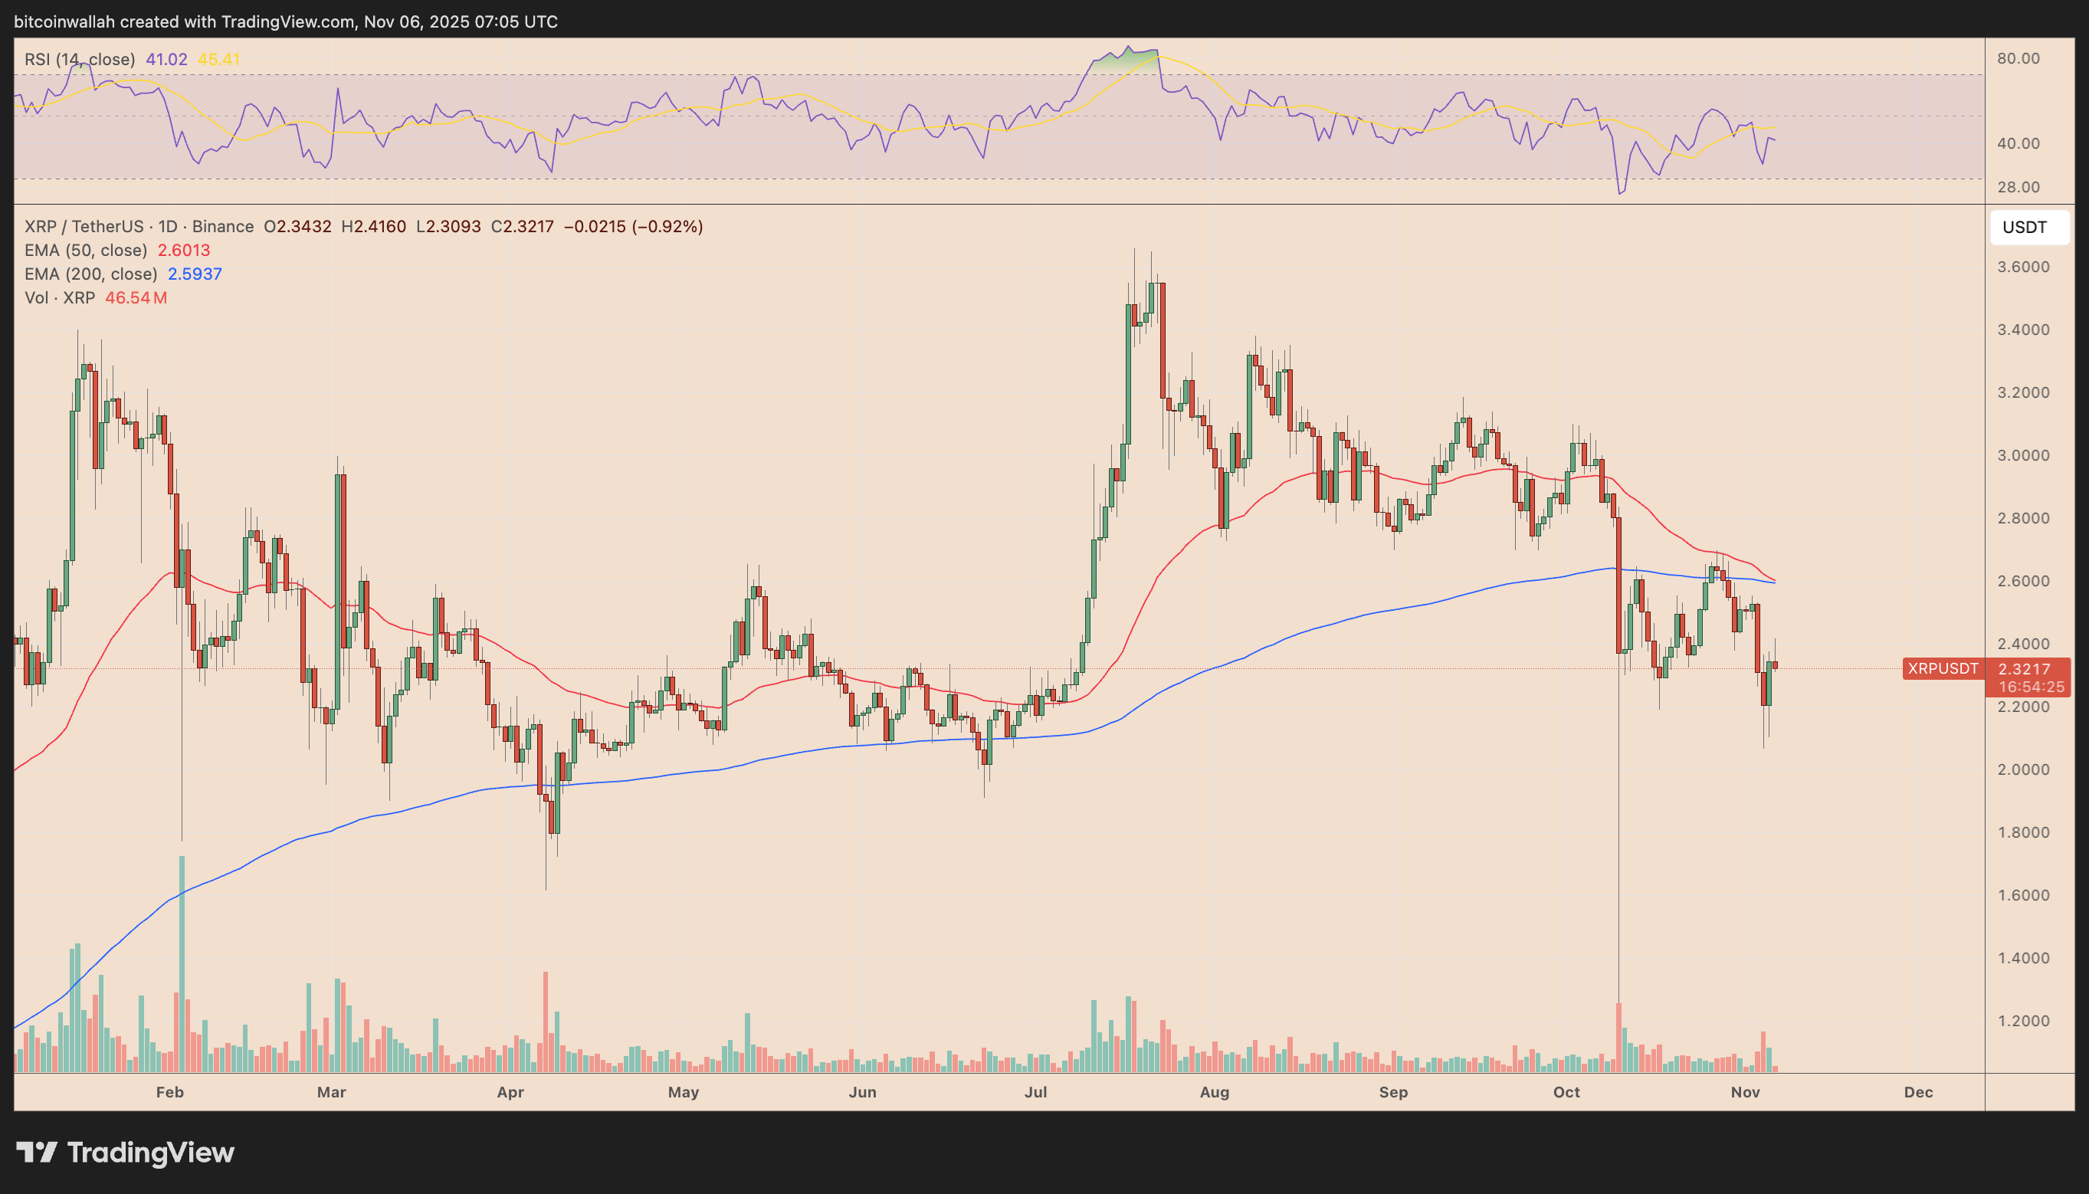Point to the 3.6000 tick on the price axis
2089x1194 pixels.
(x=2022, y=267)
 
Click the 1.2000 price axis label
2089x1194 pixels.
(x=2022, y=1021)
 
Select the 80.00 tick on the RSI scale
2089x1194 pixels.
(x=2018, y=58)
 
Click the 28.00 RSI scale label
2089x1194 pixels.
(x=2018, y=187)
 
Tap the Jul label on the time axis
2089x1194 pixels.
(x=1035, y=1092)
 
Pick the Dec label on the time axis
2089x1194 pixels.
(x=1917, y=1092)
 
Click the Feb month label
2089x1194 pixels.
(x=169, y=1092)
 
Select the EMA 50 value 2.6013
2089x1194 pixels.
(x=184, y=250)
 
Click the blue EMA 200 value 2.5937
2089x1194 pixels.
(x=195, y=274)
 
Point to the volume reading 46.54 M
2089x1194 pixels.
(x=136, y=297)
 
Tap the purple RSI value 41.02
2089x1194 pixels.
(x=166, y=59)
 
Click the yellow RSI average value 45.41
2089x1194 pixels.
(x=219, y=59)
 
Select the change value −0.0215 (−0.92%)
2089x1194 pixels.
(x=633, y=226)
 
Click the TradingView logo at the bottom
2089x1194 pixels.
(x=126, y=1152)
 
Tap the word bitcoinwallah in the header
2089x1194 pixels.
(x=64, y=22)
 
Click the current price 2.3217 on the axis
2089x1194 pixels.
(x=2023, y=669)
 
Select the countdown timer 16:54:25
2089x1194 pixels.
(x=2031, y=687)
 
